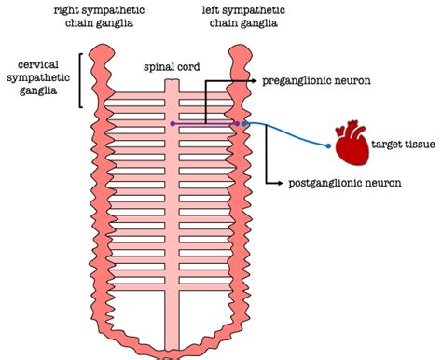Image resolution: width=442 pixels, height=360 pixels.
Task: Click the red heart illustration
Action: [x=352, y=144]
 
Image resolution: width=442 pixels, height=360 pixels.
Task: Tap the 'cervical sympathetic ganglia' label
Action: [x=37, y=79]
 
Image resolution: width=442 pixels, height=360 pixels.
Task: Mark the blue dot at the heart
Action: [x=329, y=145]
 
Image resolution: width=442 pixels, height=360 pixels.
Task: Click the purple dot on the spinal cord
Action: [x=173, y=123]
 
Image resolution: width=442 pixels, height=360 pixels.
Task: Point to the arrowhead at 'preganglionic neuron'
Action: [x=256, y=81]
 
